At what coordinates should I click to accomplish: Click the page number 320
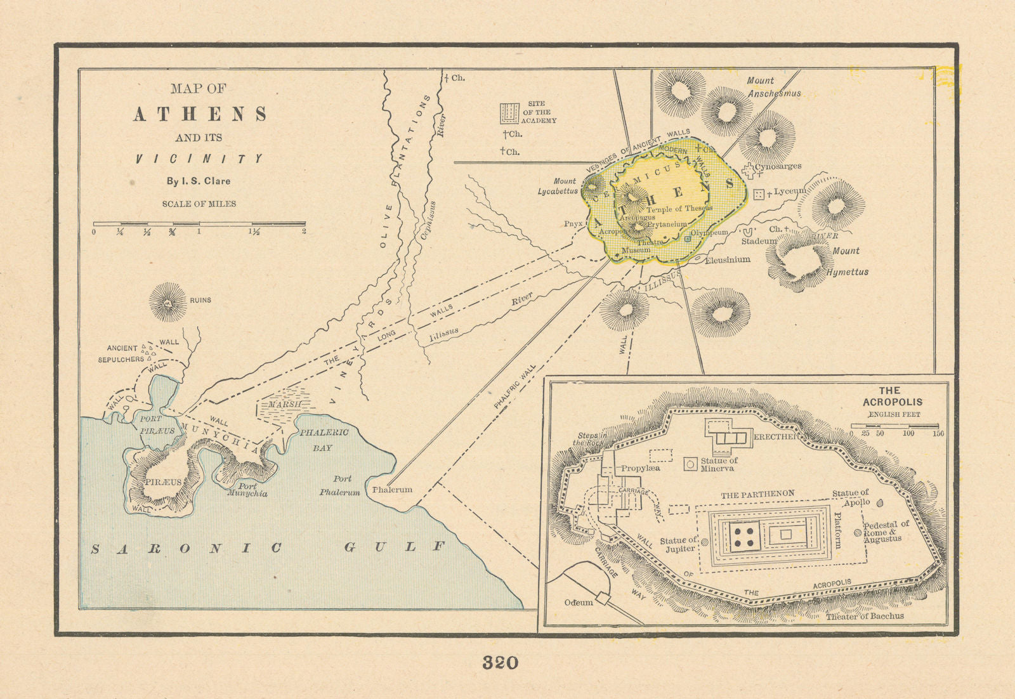pos(500,663)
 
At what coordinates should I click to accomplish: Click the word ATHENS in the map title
pos(200,114)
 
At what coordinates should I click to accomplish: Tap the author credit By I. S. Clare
pos(199,181)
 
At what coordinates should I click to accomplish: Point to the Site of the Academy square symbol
pos(509,114)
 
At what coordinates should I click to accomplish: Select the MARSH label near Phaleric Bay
pos(284,404)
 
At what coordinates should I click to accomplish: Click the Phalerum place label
pos(392,490)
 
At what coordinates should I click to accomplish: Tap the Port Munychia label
pos(248,490)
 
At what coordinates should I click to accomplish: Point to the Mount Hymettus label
pos(847,261)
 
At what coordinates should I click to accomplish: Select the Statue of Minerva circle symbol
pos(690,464)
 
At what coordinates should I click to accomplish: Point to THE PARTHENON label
pos(757,494)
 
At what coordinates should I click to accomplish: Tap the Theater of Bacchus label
pos(865,616)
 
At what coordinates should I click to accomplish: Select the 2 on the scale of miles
pos(304,232)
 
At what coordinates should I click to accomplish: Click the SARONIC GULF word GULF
pos(395,547)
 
